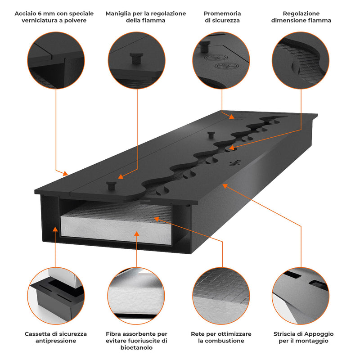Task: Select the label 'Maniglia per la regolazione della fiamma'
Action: coord(145,17)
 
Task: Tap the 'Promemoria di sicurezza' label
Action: coord(222,17)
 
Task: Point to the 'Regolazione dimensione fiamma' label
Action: coord(301,17)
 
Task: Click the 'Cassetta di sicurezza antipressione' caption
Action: coord(56,337)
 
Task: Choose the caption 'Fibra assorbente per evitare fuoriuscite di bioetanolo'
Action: coord(137,341)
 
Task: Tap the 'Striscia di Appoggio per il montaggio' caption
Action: coord(303,337)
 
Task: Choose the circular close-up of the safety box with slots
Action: coord(56,294)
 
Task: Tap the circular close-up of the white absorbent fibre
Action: coord(137,294)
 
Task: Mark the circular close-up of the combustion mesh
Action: coord(221,294)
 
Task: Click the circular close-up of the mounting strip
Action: coord(301,294)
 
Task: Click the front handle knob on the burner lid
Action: coord(111,185)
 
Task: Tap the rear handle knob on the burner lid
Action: coord(210,135)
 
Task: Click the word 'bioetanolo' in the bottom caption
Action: coord(137,347)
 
